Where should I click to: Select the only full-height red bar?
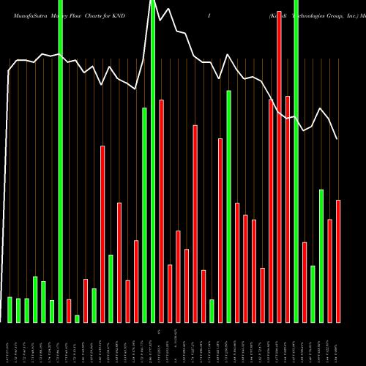279,161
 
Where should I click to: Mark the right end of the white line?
337,139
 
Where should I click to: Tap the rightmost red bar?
338,261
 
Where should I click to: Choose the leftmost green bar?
10,309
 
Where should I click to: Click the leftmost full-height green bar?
61,161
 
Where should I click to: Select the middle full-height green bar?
153,161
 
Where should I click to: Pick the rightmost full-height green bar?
296,161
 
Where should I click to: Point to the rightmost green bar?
321,255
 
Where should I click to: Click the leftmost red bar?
69,310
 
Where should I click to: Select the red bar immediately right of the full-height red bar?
288,209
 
